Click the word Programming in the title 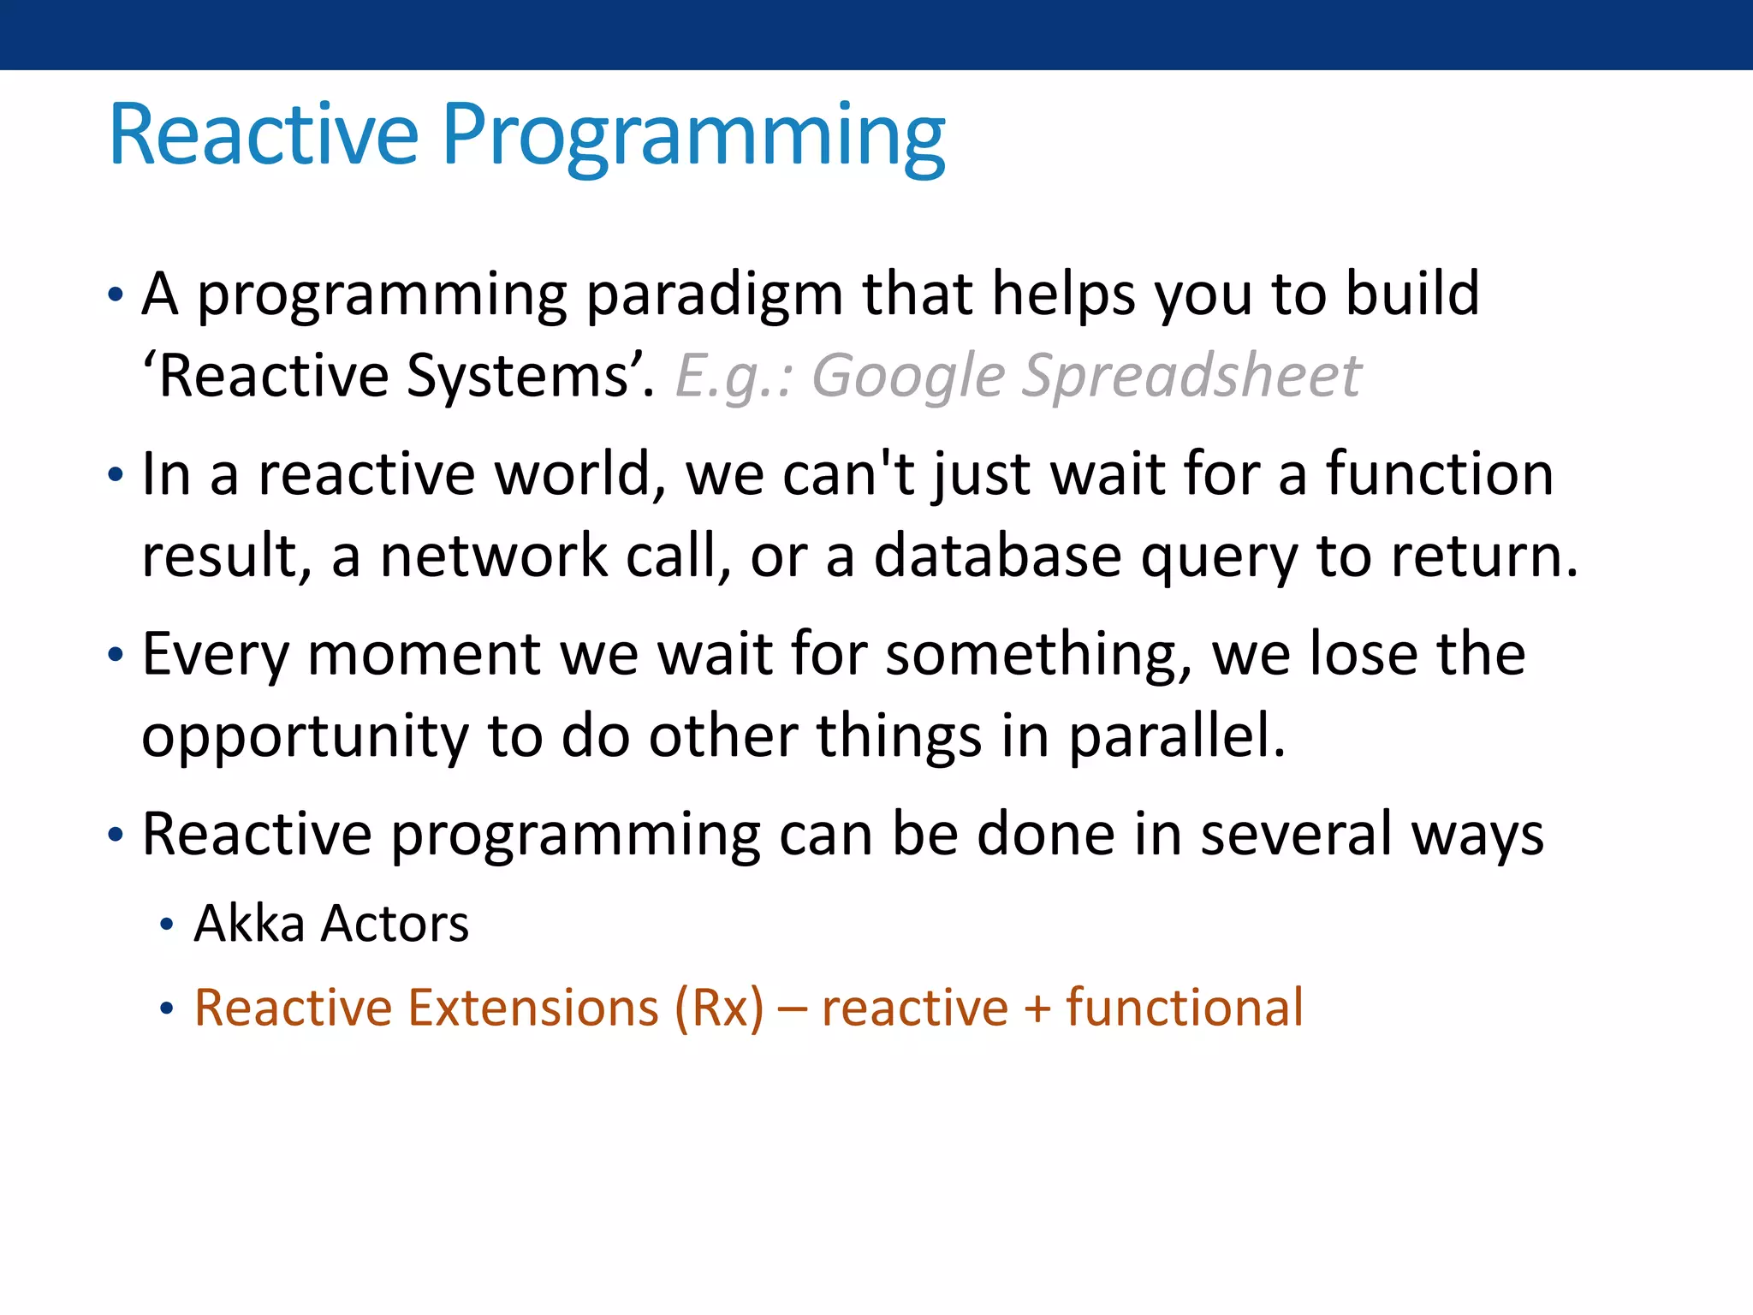coord(694,139)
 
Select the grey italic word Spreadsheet coord(1191,377)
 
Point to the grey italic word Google coord(907,377)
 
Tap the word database coord(997,556)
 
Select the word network coord(494,556)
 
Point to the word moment coord(424,655)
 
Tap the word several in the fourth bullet coord(1296,835)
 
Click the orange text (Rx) coord(719,1008)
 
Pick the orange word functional coord(1185,1007)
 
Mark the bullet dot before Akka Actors coord(167,925)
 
